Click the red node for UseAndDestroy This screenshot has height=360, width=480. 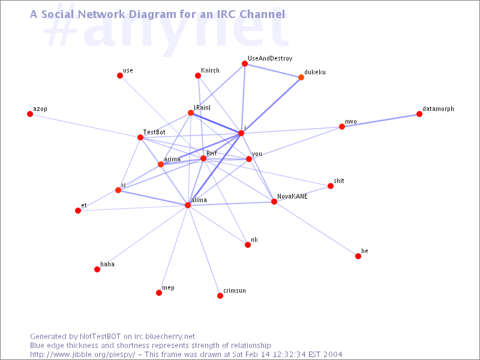(x=245, y=64)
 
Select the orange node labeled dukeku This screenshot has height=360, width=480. (x=301, y=77)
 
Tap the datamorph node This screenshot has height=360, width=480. (x=419, y=114)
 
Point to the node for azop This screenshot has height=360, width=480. (x=29, y=114)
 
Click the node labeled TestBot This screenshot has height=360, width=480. (x=140, y=137)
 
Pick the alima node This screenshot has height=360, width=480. (x=188, y=205)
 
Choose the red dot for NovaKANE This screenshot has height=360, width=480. (x=274, y=202)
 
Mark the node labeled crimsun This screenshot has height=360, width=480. (x=220, y=296)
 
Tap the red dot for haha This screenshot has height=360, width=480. (x=97, y=269)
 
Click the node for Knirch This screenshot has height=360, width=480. (x=198, y=76)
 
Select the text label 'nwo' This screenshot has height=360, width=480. (x=351, y=122)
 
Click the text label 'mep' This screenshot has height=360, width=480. (x=168, y=288)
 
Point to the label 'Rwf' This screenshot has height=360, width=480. (x=212, y=153)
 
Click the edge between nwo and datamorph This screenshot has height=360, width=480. (x=380, y=121)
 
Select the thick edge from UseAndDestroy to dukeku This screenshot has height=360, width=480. (x=273, y=70)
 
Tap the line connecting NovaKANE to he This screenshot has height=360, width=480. (x=316, y=229)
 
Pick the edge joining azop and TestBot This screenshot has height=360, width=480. (x=85, y=126)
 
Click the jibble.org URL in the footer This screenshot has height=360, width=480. (x=82, y=355)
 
